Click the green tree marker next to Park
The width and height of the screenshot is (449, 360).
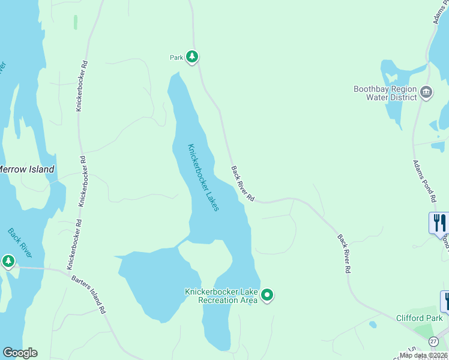[191, 57]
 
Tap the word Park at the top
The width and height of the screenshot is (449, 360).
[176, 58]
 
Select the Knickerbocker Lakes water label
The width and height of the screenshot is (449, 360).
[203, 177]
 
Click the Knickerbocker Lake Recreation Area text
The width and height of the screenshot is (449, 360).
[221, 296]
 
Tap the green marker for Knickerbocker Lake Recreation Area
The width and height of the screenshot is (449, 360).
[267, 295]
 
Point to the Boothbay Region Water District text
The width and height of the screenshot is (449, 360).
[385, 93]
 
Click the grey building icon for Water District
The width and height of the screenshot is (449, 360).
[426, 92]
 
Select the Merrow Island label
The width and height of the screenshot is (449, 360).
[26, 169]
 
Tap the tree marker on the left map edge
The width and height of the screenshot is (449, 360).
[8, 261]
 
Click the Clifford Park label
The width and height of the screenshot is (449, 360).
[419, 318]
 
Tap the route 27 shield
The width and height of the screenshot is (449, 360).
[433, 341]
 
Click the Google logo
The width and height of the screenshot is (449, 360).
[20, 353]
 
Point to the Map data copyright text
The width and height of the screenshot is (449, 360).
[424, 355]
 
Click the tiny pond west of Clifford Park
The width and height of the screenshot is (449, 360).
[373, 325]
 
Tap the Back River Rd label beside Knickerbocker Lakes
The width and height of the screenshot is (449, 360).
[243, 184]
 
